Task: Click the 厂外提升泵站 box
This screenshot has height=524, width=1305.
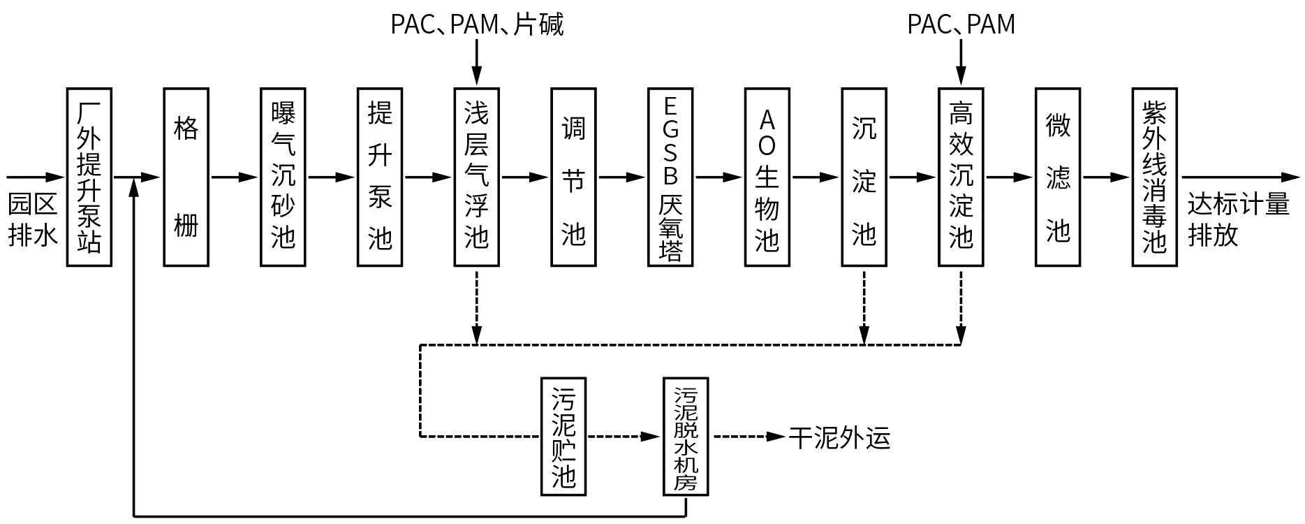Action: [89, 177]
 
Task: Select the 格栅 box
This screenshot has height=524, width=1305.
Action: [186, 177]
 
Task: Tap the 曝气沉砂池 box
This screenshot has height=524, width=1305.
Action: [283, 177]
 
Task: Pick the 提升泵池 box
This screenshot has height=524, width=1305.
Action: [380, 177]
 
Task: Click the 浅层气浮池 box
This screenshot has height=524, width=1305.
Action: [476, 177]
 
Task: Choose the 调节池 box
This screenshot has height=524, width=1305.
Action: [573, 177]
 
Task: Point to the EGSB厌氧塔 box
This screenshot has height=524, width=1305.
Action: [670, 177]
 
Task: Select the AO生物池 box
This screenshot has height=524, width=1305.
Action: [767, 177]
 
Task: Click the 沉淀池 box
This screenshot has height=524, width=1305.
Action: [864, 177]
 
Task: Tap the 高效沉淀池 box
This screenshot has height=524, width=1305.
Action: [961, 177]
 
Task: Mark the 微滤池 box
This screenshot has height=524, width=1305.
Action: [1058, 177]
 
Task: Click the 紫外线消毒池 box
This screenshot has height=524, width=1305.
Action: [1154, 177]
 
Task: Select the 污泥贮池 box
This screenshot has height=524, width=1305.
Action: [563, 437]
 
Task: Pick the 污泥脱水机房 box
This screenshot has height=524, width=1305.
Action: [686, 437]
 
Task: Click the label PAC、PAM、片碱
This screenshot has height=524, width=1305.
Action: [477, 25]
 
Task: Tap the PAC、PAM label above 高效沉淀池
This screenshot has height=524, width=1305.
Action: [961, 25]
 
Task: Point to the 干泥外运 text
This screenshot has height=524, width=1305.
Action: [840, 438]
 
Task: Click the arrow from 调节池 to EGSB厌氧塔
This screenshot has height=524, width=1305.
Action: [621, 177]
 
